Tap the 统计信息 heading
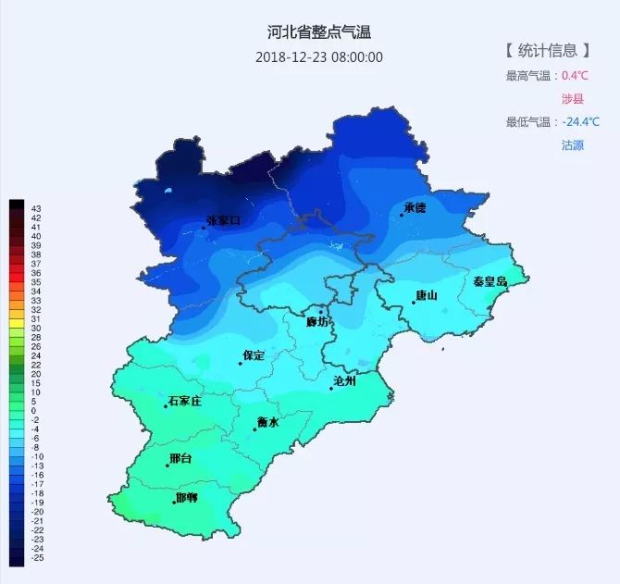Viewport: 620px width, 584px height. pyautogui.click(x=547, y=50)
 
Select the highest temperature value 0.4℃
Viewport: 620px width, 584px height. pyautogui.click(x=575, y=76)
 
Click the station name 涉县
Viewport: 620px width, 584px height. pyautogui.click(x=573, y=98)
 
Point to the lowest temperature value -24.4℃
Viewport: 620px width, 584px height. pyautogui.click(x=581, y=122)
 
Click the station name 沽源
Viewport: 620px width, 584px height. pyautogui.click(x=573, y=145)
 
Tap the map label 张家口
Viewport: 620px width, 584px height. pyautogui.click(x=224, y=220)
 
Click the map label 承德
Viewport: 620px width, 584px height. pyautogui.click(x=415, y=208)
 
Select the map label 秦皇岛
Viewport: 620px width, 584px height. pyautogui.click(x=490, y=281)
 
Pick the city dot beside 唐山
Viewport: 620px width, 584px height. pyautogui.click(x=414, y=303)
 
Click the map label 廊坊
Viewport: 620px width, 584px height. pyautogui.click(x=317, y=322)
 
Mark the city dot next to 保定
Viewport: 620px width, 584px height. pyautogui.click(x=241, y=363)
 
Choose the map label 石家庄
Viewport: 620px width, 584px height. pyautogui.click(x=185, y=401)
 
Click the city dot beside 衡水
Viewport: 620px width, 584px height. pyautogui.click(x=255, y=429)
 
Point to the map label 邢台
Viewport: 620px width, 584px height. pyautogui.click(x=180, y=459)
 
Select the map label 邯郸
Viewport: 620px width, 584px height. pyautogui.click(x=186, y=498)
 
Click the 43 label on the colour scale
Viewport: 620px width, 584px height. pyautogui.click(x=36, y=208)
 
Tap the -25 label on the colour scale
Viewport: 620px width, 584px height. pyautogui.click(x=37, y=558)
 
